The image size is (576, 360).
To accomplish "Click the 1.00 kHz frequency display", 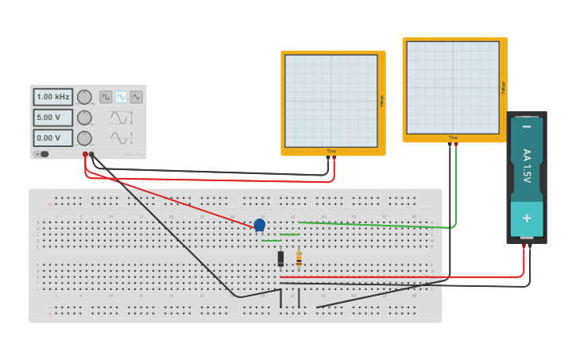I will [x=53, y=97].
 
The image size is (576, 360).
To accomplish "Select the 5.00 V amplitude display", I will [x=53, y=118].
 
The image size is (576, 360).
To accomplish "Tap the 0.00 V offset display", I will [x=53, y=138].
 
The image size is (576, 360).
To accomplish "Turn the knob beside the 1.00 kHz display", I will [x=84, y=97].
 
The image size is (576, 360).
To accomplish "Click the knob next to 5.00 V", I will [x=84, y=118].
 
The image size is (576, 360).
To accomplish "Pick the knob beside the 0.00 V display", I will [x=84, y=138].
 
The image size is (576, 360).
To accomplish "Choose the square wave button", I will [x=106, y=97].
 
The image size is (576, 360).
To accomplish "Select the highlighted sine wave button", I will [x=121, y=97].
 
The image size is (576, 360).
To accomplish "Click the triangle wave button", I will [x=136, y=97].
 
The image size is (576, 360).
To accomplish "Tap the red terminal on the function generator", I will [x=85, y=154].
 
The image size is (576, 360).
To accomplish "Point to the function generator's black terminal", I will [x=91, y=154].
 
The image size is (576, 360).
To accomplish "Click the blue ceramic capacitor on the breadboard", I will [x=260, y=225].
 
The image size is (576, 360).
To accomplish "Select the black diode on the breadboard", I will [x=280, y=257].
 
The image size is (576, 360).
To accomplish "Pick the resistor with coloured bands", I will [x=299, y=258].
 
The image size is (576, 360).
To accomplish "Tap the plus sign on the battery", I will [x=526, y=217].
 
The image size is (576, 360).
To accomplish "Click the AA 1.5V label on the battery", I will [x=526, y=166].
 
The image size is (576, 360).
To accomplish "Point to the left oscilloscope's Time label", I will [x=331, y=151].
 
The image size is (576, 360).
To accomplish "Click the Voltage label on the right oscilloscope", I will [x=503, y=87].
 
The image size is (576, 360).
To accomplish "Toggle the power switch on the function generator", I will [x=43, y=154].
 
